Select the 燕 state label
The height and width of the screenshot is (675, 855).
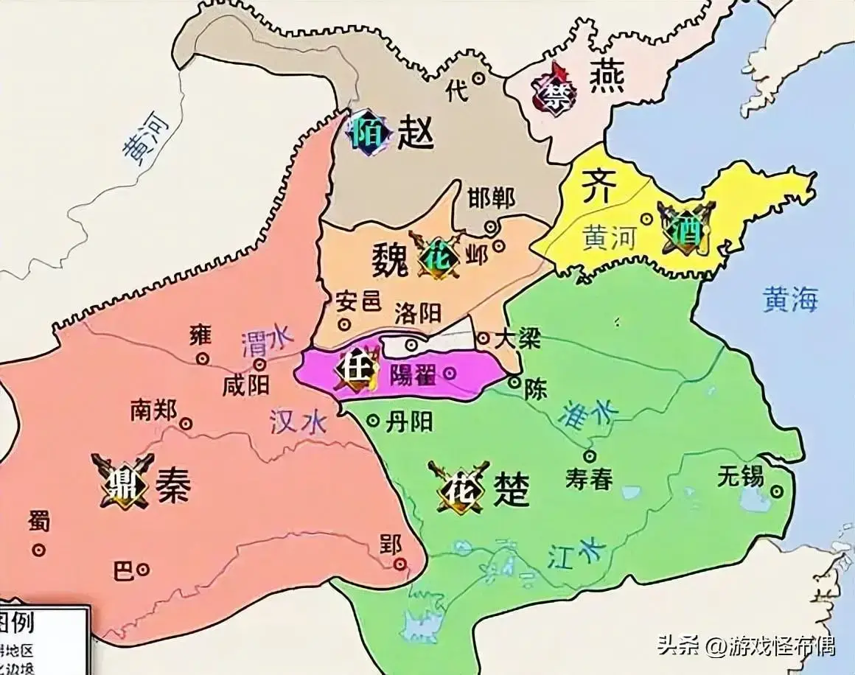[x=607, y=77]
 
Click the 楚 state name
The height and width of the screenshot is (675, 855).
[x=511, y=489]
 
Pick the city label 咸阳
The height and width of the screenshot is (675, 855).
[x=245, y=385]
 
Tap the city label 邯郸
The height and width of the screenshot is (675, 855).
[x=491, y=197]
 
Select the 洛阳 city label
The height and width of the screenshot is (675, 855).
[x=417, y=313]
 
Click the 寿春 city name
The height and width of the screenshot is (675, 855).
[x=589, y=479]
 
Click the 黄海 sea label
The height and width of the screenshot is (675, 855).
[x=790, y=300]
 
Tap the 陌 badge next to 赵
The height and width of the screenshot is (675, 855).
[x=368, y=132]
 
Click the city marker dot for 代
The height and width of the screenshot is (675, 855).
[x=478, y=77]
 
